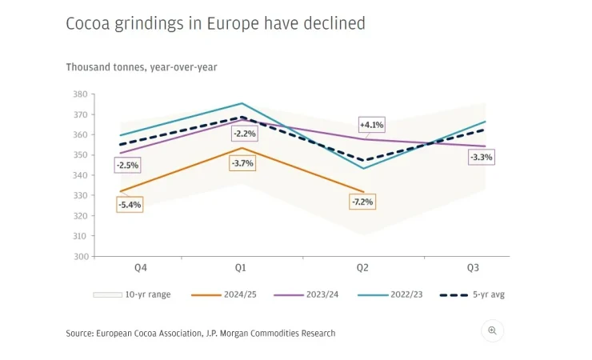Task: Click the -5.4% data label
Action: coord(129,206)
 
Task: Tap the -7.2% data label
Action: coord(362,202)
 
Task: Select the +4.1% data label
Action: coord(372,125)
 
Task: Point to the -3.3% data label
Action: coord(482,157)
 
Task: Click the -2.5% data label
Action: coord(127,166)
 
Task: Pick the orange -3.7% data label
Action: coord(242,163)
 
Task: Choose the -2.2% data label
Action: coord(243,133)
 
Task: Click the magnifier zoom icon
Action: coord(493,330)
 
